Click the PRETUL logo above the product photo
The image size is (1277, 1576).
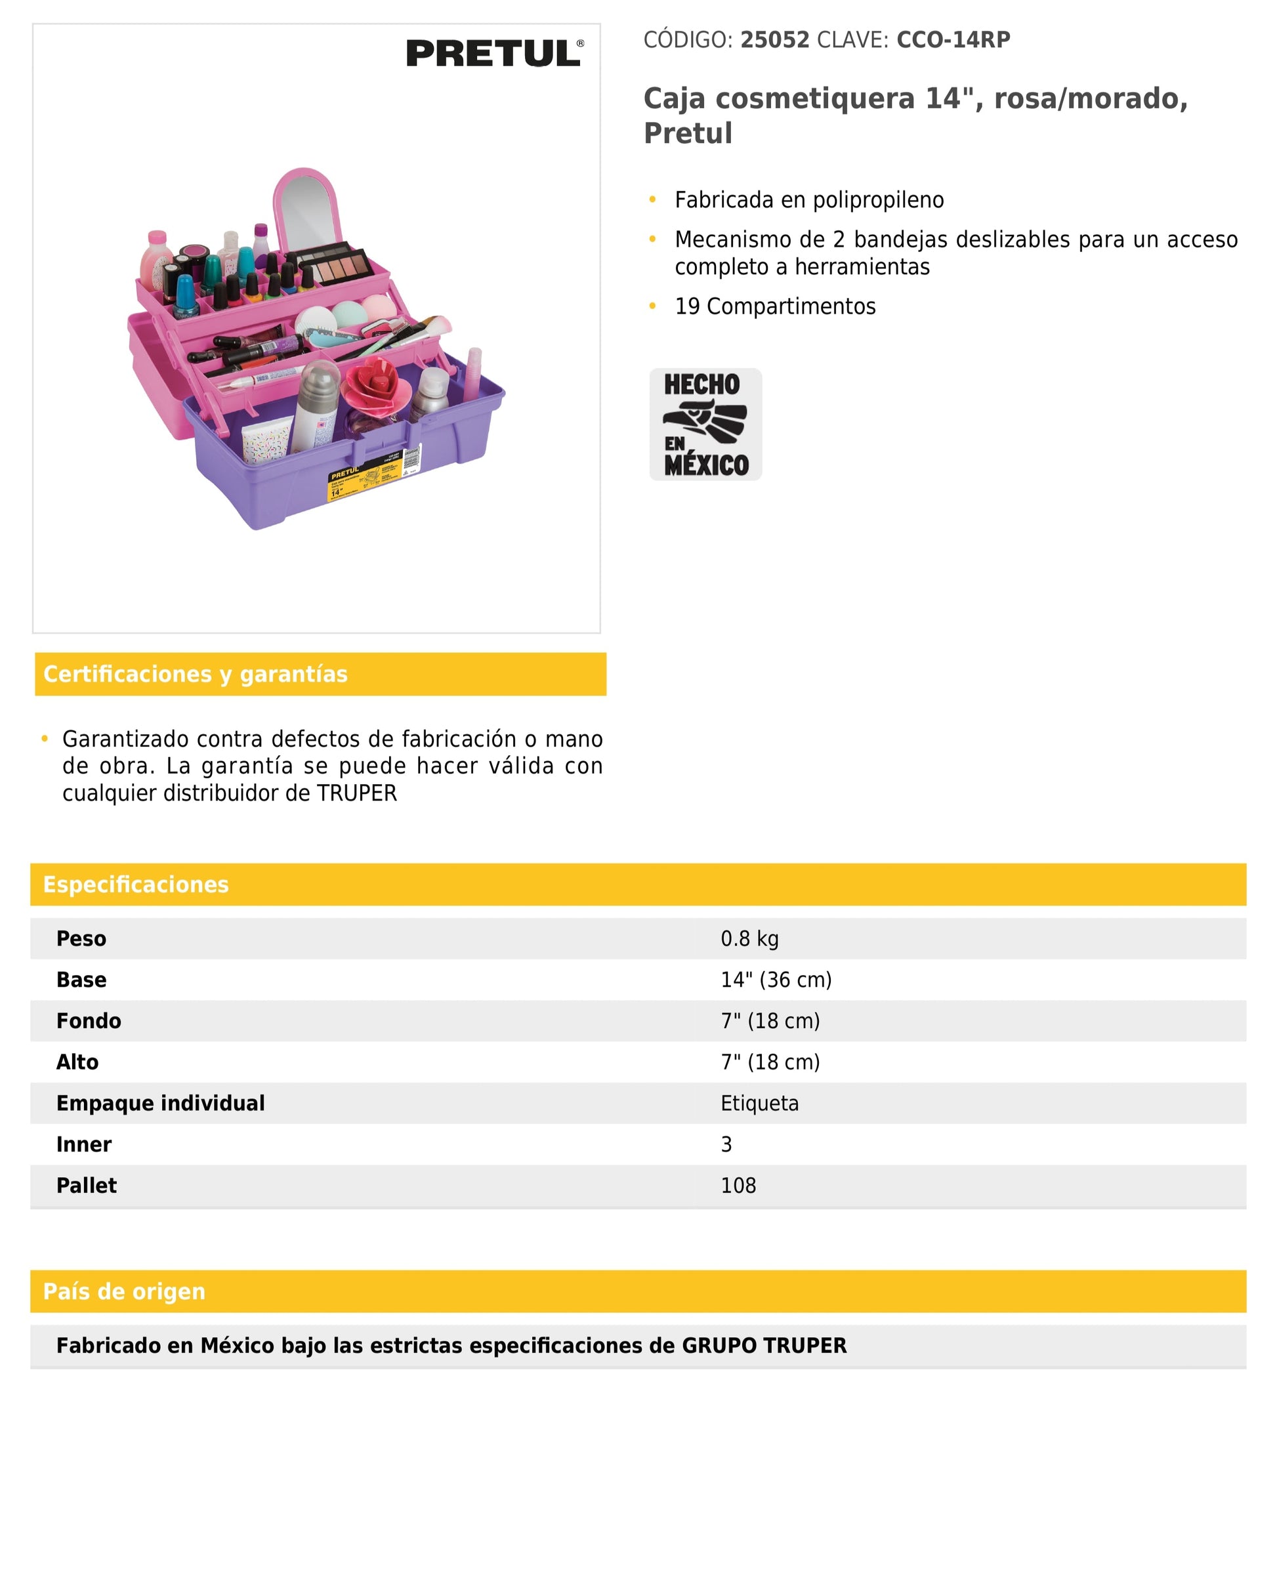[494, 53]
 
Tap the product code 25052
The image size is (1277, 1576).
[774, 40]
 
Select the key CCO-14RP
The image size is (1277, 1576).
[953, 40]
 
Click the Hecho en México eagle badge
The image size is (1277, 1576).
[705, 425]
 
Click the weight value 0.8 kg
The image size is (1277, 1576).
[749, 938]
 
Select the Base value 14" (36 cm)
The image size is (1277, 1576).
[776, 980]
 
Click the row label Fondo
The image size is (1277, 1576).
[89, 1021]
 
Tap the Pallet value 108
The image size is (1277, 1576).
[738, 1186]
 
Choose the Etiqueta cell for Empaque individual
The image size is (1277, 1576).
[759, 1103]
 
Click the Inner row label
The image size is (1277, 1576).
[84, 1144]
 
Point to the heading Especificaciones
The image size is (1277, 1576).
[136, 884]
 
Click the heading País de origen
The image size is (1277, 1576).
[124, 1291]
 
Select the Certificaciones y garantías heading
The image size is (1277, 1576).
[196, 674]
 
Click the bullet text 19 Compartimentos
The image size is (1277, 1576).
[776, 306]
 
